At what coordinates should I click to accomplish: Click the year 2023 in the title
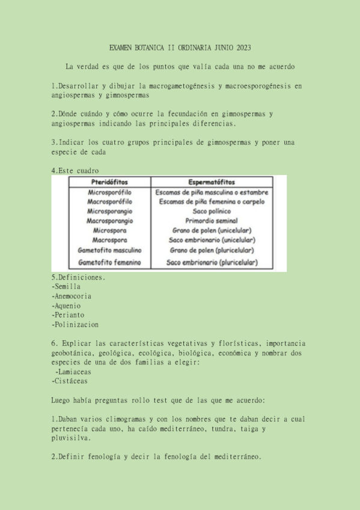point(242,48)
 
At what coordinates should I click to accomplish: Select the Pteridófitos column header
point(110,182)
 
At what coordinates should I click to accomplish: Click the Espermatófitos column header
point(212,182)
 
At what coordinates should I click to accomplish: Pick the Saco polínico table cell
point(212,211)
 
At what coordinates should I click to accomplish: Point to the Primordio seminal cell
point(212,221)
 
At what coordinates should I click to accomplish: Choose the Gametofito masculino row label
point(110,250)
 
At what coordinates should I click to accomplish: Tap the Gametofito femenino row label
point(110,262)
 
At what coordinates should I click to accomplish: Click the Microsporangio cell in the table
point(110,211)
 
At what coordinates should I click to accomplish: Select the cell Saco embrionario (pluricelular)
point(212,262)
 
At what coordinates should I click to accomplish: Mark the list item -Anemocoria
point(72,296)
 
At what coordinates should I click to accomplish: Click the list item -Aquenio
point(68,306)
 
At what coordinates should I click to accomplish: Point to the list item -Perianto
point(68,315)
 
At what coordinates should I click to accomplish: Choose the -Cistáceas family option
point(70,381)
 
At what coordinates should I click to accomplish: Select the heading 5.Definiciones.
point(79,277)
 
